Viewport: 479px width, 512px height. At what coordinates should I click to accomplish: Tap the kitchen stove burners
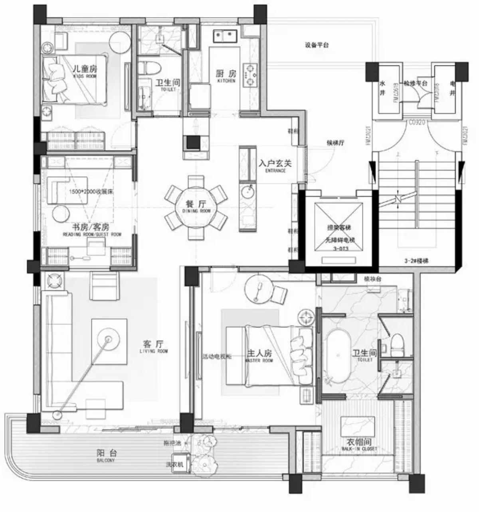(x=251, y=75)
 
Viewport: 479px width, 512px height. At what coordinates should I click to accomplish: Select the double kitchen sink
(x=225, y=36)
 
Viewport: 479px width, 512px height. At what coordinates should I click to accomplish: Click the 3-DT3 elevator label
(x=340, y=248)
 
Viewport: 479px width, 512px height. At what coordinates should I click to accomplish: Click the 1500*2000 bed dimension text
(x=91, y=191)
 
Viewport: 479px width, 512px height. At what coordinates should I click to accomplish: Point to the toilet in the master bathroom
(x=397, y=345)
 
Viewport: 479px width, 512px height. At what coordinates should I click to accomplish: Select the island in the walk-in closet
(x=358, y=426)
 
